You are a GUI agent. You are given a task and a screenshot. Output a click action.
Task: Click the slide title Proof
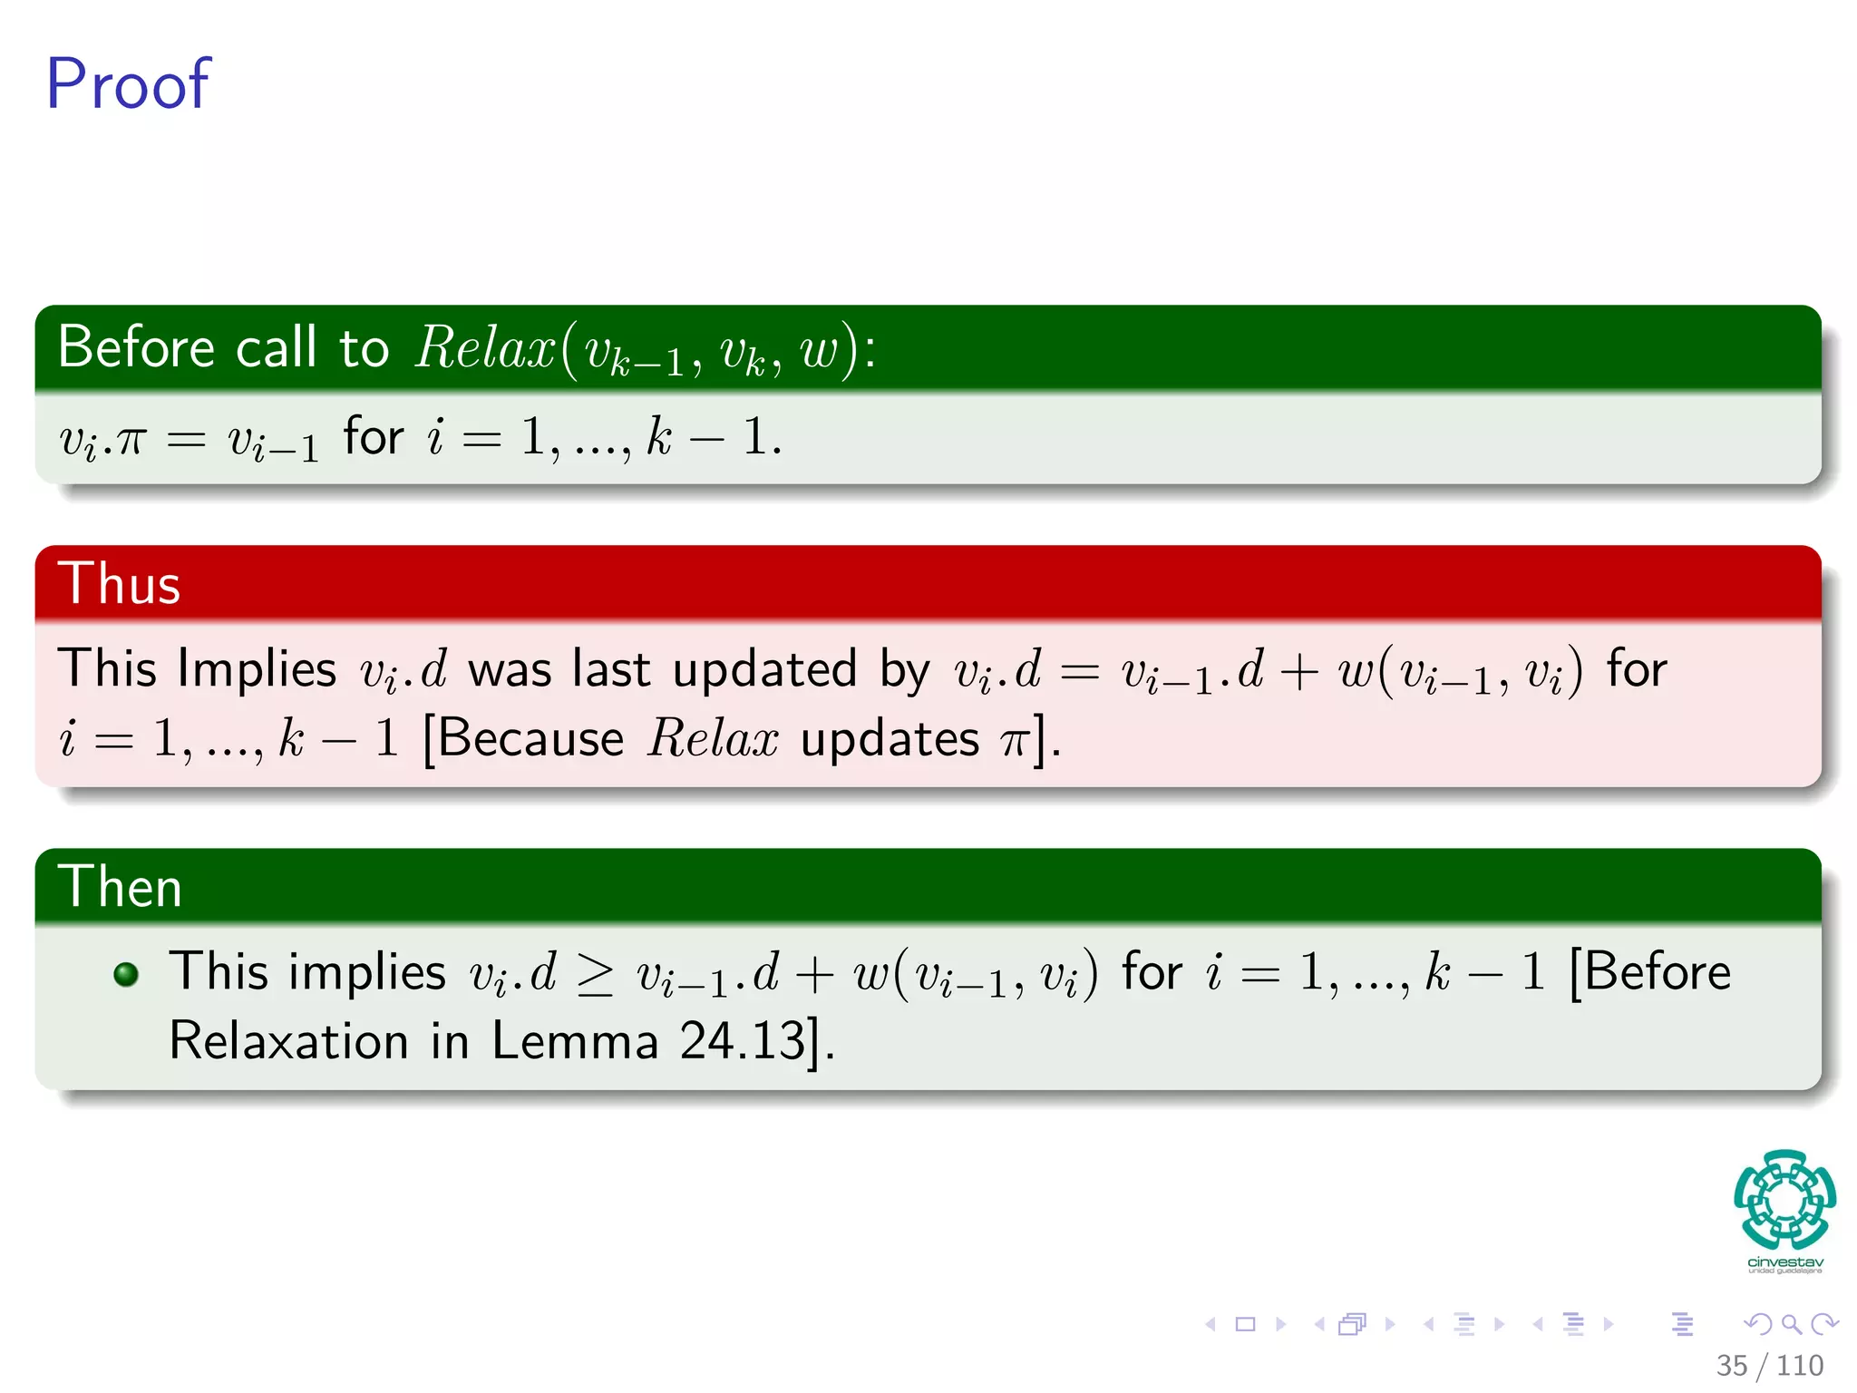(128, 84)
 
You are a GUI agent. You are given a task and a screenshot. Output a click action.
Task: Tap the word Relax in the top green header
(485, 347)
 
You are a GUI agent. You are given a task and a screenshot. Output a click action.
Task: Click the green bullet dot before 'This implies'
(126, 974)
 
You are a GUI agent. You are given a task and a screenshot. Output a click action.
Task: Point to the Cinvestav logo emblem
(1784, 1199)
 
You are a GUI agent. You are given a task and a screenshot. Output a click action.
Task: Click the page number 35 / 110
(1769, 1365)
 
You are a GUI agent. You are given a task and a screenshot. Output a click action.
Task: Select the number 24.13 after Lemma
(743, 1040)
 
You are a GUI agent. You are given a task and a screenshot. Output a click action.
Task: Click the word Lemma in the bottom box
(574, 1040)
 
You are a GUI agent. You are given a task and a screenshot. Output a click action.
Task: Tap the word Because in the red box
(532, 738)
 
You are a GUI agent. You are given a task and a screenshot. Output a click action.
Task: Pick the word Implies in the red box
(258, 669)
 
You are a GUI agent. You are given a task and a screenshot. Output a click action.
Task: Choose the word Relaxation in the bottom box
(288, 1040)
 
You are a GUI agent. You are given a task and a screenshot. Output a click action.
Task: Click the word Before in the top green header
(137, 346)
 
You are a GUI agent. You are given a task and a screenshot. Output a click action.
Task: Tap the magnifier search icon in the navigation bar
(1791, 1324)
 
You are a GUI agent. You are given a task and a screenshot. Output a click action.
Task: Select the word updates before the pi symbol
(890, 739)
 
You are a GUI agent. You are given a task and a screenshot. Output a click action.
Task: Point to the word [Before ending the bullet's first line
(1650, 972)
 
